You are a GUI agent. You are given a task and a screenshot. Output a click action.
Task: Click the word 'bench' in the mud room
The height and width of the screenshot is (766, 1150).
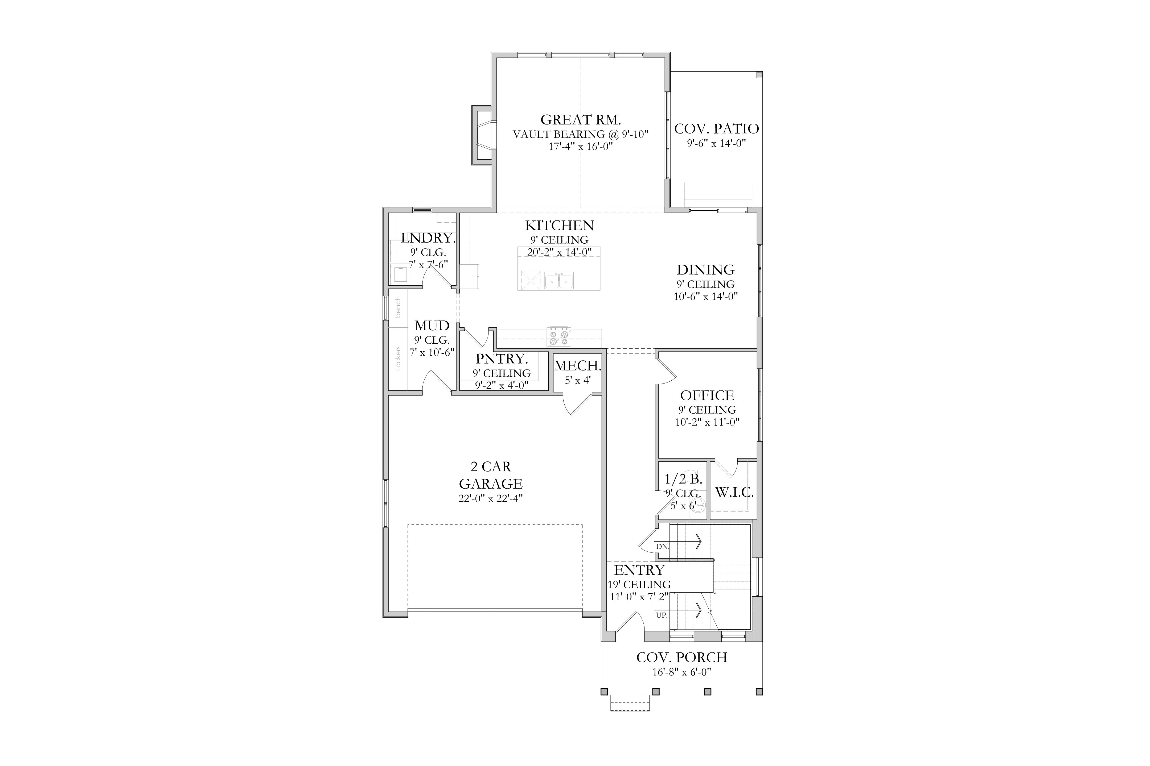(x=398, y=307)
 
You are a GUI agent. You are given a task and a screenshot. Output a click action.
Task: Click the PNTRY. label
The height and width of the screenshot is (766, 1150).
(x=502, y=359)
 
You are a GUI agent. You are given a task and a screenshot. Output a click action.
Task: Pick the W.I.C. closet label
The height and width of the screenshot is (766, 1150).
(x=734, y=492)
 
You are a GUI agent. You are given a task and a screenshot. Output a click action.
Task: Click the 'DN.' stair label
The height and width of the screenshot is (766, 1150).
(x=663, y=547)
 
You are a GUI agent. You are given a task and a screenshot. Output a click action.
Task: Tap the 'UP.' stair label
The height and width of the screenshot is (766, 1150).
(x=662, y=615)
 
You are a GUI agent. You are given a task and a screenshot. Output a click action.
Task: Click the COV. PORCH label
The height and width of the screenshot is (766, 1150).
(x=681, y=657)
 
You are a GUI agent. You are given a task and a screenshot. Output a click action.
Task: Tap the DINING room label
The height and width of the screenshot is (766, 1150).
(x=705, y=270)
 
